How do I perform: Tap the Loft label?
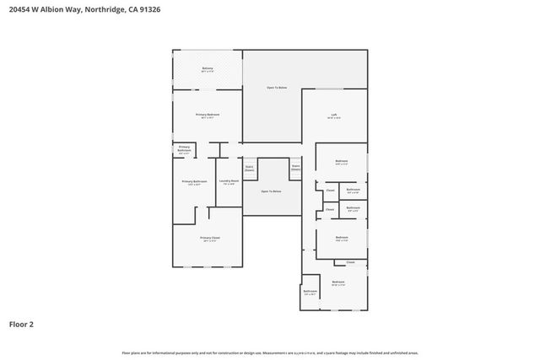click(x=335, y=115)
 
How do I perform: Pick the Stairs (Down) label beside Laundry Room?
click(x=250, y=168)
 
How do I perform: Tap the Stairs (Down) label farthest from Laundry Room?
click(x=296, y=167)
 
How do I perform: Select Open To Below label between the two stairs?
click(x=271, y=191)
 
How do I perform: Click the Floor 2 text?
click(x=22, y=323)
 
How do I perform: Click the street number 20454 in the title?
click(x=21, y=9)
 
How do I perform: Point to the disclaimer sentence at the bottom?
click(x=270, y=352)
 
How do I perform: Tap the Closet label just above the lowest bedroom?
click(x=350, y=263)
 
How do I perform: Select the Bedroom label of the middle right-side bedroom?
click(x=342, y=237)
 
